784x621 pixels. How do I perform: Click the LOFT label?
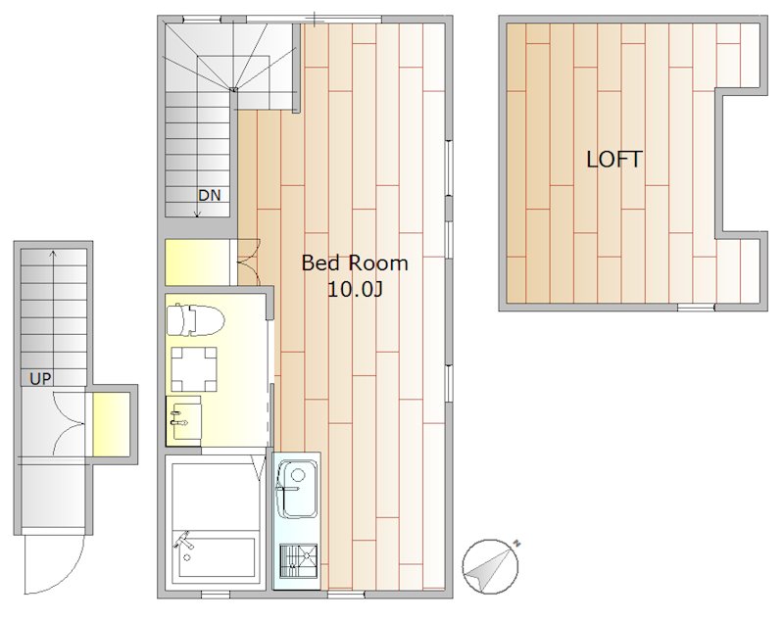(614, 160)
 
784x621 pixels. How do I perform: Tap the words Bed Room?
(355, 263)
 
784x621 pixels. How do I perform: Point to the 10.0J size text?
(355, 289)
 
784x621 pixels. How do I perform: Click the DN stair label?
(210, 195)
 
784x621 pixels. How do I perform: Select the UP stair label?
(40, 379)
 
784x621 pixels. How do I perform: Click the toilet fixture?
(195, 318)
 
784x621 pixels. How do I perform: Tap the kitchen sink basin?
(297, 489)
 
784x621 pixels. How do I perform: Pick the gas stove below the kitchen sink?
(299, 560)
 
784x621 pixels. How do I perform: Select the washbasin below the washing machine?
(183, 419)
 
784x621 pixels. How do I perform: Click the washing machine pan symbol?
(194, 368)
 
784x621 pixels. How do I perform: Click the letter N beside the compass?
(517, 543)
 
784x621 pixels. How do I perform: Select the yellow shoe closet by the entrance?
(112, 424)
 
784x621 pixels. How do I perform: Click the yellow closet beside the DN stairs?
(197, 263)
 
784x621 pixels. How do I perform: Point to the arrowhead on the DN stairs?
(198, 214)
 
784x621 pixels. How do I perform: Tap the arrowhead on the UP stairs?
(54, 254)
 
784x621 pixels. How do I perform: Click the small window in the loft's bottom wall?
(696, 307)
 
